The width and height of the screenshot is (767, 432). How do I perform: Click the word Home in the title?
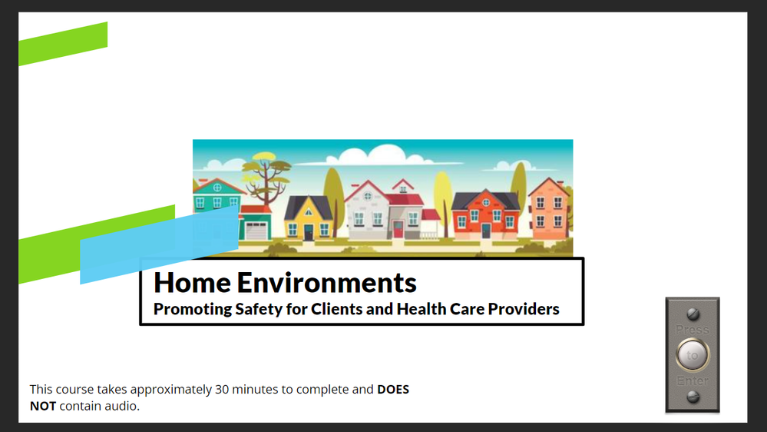[192, 283]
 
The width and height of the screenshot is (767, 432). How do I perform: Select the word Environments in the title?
[327, 283]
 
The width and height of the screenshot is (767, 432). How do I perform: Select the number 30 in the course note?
[222, 390]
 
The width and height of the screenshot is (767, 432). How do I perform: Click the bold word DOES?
[393, 390]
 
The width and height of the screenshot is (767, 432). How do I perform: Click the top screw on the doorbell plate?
[693, 314]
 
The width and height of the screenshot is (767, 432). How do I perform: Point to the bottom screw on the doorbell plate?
[693, 397]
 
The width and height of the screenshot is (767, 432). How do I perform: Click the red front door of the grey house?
[398, 229]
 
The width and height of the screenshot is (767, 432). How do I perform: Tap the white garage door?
[256, 230]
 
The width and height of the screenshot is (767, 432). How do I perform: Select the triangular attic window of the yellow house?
[308, 212]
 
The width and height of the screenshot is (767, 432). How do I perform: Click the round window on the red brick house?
[486, 202]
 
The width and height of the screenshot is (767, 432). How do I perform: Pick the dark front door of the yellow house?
[308, 232]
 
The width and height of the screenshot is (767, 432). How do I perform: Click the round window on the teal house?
[217, 188]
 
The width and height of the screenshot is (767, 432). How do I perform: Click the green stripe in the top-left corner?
[63, 44]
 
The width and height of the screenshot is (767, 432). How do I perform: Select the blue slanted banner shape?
[159, 245]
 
